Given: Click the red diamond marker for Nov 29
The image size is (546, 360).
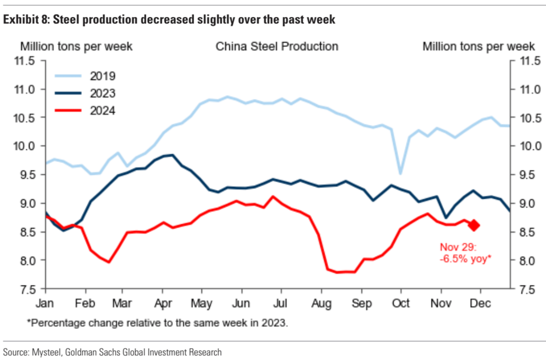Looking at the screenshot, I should coord(474,225).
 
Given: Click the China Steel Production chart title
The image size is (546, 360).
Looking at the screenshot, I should coord(277,46).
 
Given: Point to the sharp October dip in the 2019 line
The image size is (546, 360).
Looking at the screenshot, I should coord(401,174).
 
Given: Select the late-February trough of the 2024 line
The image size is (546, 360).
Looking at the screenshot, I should coord(109,262).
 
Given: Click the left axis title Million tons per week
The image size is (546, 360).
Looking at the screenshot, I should coord(76,46).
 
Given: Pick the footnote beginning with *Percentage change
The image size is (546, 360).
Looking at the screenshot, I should coord(157,323).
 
